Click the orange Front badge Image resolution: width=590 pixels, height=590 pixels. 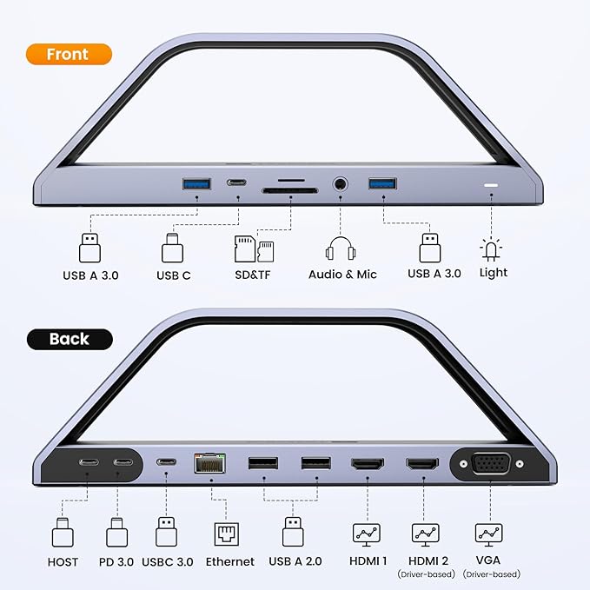click(x=69, y=54)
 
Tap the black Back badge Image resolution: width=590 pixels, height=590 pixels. click(x=70, y=339)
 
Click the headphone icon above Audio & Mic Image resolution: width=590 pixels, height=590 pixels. click(x=342, y=249)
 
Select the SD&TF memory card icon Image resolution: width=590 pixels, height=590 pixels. click(x=254, y=249)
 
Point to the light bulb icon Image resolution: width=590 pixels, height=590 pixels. click(x=492, y=250)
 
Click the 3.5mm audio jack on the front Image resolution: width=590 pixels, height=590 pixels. click(x=340, y=184)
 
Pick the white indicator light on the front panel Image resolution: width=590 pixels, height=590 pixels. click(x=491, y=186)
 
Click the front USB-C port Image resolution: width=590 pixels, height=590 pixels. click(x=236, y=183)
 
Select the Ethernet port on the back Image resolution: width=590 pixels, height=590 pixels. click(x=209, y=464)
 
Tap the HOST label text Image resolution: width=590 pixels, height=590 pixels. click(x=63, y=562)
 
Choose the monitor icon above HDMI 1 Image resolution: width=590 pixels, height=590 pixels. click(x=367, y=533)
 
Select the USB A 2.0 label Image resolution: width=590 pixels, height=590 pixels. click(x=295, y=562)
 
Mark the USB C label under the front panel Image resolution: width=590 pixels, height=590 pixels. click(x=174, y=275)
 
